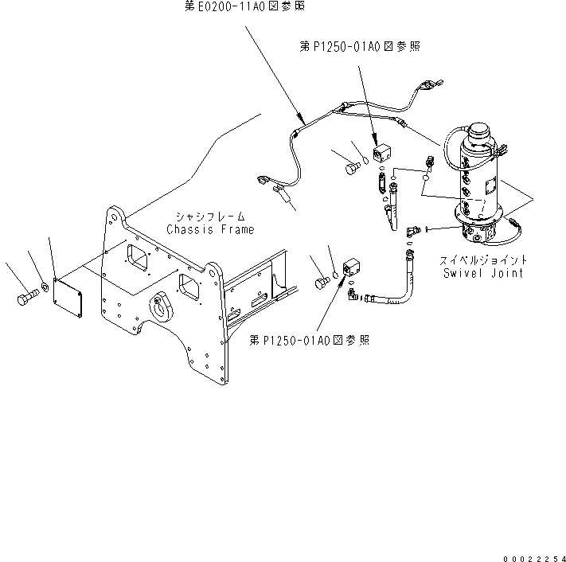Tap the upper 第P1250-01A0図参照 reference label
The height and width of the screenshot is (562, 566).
click(x=359, y=48)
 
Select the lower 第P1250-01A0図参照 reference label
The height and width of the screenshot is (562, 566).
click(x=309, y=340)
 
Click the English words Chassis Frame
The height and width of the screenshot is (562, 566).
click(x=210, y=230)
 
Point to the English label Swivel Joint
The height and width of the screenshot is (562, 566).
click(x=483, y=273)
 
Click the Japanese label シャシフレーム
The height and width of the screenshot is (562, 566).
click(x=210, y=217)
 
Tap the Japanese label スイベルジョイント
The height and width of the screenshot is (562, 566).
click(x=483, y=260)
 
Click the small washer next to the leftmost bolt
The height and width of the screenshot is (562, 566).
click(x=45, y=286)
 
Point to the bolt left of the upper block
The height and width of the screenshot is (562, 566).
click(x=350, y=168)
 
